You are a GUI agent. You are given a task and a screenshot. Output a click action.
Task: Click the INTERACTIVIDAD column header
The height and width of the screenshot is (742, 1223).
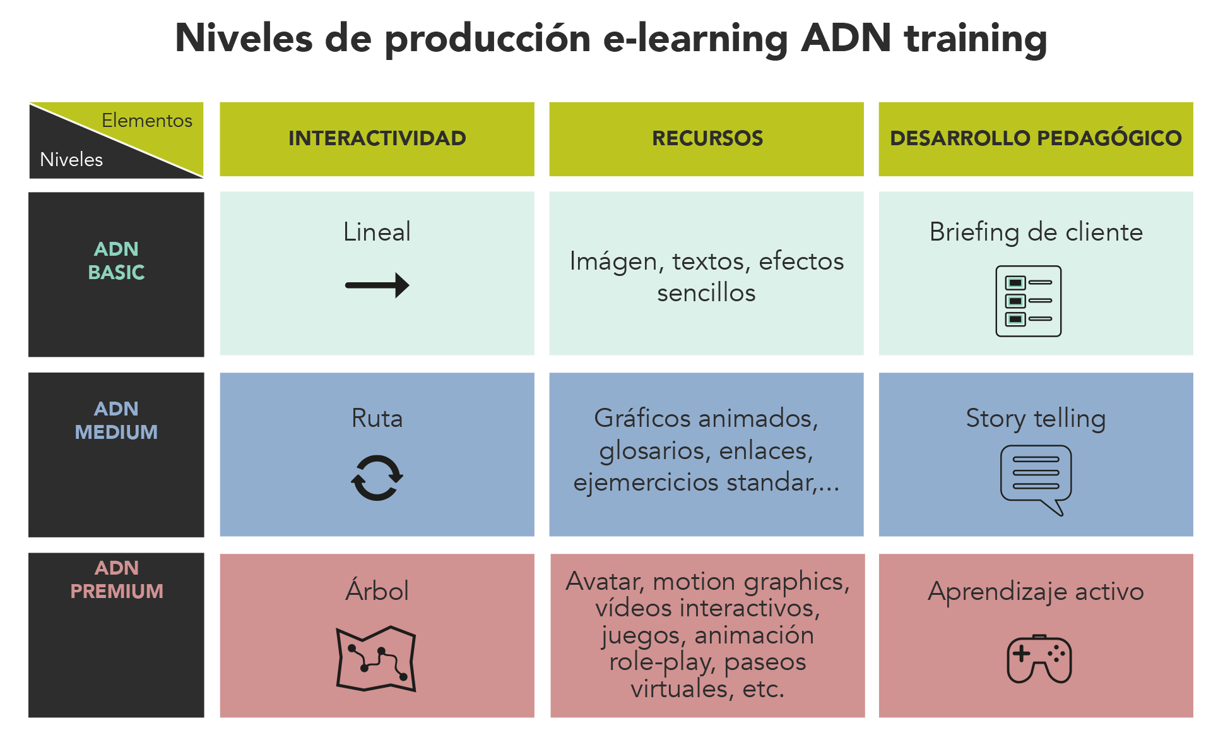(377, 138)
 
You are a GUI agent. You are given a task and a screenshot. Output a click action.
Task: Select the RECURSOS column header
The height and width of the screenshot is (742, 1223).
(707, 138)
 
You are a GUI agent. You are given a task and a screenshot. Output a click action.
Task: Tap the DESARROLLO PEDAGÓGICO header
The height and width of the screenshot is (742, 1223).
(1036, 138)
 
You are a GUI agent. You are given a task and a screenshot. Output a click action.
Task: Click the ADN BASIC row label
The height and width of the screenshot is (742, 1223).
(116, 260)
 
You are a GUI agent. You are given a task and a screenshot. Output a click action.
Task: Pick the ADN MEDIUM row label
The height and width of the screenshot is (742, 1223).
(116, 420)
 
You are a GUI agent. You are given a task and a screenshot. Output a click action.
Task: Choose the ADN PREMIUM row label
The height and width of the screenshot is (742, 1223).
(117, 579)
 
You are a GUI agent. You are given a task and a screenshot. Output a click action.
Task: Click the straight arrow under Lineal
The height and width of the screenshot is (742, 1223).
(377, 285)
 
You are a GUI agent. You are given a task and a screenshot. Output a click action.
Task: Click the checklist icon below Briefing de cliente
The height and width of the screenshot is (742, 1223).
(1029, 301)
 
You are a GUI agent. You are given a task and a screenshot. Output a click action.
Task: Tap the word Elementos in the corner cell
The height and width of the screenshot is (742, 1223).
(147, 120)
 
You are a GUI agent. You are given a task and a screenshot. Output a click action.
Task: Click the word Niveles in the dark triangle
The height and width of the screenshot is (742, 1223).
(71, 159)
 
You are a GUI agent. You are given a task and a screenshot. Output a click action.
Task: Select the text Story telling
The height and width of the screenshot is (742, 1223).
(1036, 419)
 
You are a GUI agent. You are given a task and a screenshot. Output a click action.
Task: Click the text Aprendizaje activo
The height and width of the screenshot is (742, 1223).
(1036, 592)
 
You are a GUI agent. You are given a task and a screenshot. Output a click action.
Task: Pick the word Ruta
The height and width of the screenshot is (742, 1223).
(377, 418)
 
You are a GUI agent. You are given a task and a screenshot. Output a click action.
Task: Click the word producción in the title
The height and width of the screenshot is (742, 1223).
(488, 39)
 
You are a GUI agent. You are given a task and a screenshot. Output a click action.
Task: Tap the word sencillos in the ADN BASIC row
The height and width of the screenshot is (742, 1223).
(706, 293)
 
